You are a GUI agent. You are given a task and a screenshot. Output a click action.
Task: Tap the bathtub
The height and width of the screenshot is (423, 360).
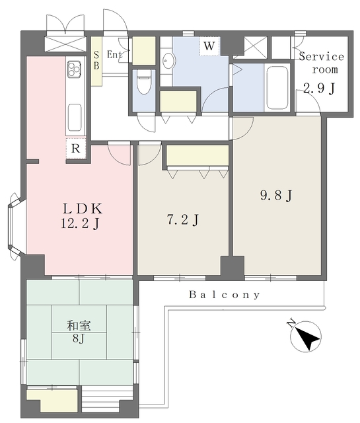point(277,87)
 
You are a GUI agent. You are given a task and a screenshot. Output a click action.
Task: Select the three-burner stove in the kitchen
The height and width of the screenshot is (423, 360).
point(74,69)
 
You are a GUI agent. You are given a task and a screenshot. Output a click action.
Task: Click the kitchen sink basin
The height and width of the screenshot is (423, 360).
point(75,118)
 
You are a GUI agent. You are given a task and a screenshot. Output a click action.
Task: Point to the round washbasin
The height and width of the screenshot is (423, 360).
point(168,61)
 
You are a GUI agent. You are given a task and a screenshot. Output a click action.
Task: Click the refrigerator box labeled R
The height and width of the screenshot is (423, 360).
point(76,148)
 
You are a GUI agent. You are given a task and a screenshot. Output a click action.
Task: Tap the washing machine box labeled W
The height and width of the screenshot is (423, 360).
point(209,46)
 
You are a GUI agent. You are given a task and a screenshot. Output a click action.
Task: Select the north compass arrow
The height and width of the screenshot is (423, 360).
point(306,336)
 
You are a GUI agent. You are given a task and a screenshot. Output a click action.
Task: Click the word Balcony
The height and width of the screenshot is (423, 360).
point(225,295)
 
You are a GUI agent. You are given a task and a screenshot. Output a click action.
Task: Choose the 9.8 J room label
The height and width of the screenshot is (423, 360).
point(276,196)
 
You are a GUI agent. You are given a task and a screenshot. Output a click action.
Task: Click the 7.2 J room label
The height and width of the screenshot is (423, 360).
point(183,220)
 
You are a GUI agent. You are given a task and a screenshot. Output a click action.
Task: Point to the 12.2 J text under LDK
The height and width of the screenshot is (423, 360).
point(81,224)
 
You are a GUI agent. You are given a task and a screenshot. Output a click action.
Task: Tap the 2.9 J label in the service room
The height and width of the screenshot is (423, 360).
point(319,88)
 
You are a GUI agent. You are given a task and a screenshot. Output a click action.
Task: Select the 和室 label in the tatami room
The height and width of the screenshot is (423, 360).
point(79,326)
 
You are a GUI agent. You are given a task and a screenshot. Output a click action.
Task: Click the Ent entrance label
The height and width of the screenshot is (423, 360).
point(114,55)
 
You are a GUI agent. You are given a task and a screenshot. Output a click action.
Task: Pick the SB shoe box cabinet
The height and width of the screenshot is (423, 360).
point(96,61)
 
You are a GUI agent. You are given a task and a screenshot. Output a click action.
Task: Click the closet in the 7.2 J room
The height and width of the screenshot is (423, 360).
point(198,156)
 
